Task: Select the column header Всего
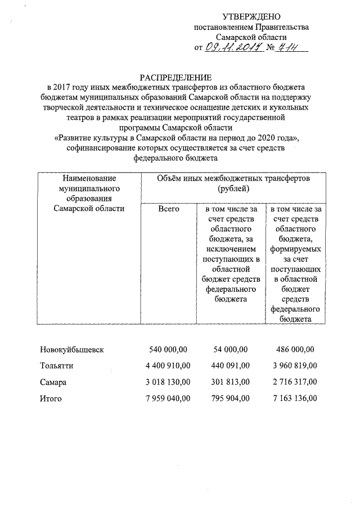(168, 209)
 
